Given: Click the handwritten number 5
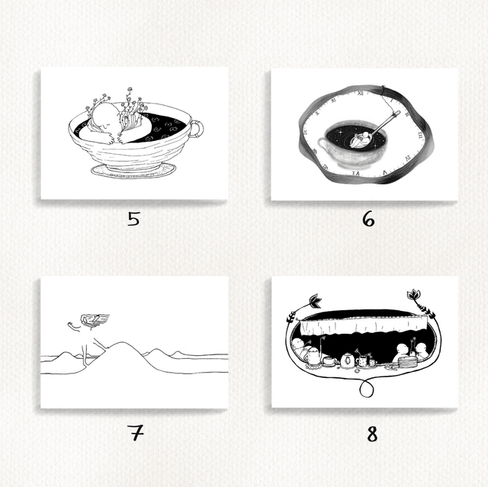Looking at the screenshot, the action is pyautogui.click(x=133, y=219).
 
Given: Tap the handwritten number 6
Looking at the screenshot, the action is pyautogui.click(x=368, y=219).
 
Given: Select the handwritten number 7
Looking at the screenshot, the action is pyautogui.click(x=136, y=433).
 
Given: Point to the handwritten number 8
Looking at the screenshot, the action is pyautogui.click(x=372, y=434).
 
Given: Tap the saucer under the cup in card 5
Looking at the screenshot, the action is pyautogui.click(x=133, y=171).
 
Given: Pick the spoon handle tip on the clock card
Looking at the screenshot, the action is pyautogui.click(x=396, y=114).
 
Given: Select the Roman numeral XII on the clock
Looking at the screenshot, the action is pyautogui.click(x=361, y=93).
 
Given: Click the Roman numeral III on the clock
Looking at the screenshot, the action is pyautogui.click(x=420, y=134).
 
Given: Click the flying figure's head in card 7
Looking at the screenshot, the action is pyautogui.click(x=89, y=319).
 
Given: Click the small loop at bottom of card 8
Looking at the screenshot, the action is pyautogui.click(x=366, y=389).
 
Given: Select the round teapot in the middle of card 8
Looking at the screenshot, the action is pyautogui.click(x=347, y=360).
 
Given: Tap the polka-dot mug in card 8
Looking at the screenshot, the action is pyautogui.click(x=361, y=361).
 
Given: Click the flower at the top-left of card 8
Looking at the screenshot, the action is pyautogui.click(x=315, y=300).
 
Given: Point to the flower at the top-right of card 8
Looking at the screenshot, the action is pyautogui.click(x=413, y=294).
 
